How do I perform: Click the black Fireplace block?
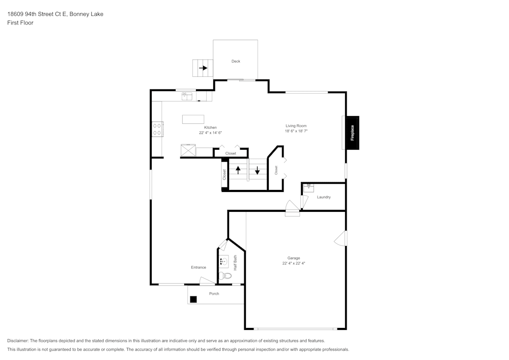coord(352,133)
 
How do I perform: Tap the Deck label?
coord(236,61)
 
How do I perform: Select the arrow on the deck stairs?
coord(203,68)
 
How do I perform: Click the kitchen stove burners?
coord(157,129)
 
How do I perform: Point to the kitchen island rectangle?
coord(193,119)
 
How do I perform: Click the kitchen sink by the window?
coord(187,96)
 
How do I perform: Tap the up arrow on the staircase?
coord(238,170)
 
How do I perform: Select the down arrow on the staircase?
coord(257,170)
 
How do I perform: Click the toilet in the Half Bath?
coord(225,276)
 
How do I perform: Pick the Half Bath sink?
coord(223,261)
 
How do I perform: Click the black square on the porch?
coord(193,299)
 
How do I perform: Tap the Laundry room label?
coord(324,197)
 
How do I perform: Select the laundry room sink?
coord(309,187)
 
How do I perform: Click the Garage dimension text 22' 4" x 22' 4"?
coord(294,263)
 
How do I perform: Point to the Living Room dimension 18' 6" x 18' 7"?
coord(296,131)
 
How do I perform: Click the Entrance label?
coord(199,267)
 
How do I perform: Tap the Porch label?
coord(214,293)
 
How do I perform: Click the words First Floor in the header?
coord(20,23)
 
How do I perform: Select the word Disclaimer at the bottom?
coord(18,341)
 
